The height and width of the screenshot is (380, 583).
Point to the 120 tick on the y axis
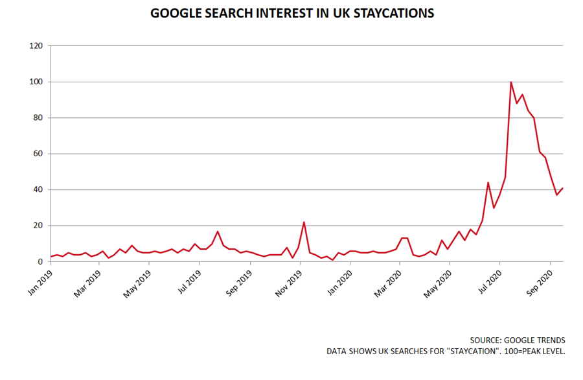point(36,46)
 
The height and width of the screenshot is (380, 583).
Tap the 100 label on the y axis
point(36,82)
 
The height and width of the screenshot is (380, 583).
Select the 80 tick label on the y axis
point(38,118)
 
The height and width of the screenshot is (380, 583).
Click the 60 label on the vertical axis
point(38,154)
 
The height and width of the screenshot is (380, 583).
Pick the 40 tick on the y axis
point(38,190)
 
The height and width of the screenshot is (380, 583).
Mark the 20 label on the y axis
point(38,226)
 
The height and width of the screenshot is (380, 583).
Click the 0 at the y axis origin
point(40,262)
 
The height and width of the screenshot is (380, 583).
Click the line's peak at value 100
point(511,82)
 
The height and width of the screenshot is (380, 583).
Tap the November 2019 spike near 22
point(304,222)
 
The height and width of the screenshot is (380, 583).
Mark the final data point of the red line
point(562,189)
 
